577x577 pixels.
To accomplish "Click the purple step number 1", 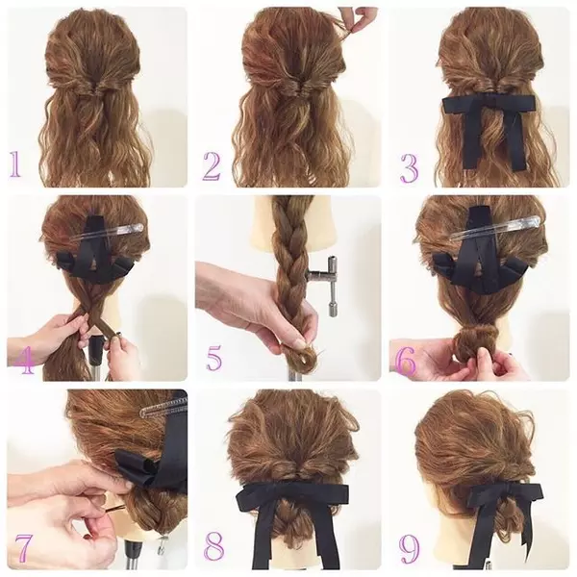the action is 15,164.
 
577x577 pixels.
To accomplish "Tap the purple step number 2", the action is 212,166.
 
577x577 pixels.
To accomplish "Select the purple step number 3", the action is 410,169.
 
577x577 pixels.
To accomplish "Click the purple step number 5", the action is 213,358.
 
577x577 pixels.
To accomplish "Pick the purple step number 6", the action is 406,358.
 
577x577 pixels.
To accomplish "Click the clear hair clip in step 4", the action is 107,232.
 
